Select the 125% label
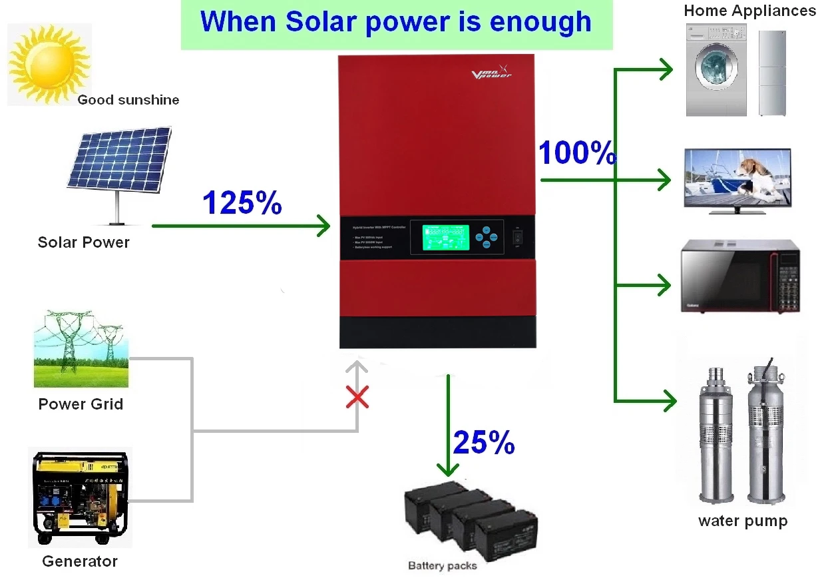242,202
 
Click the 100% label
576,153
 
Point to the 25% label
484,441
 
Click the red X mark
358,398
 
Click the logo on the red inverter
492,72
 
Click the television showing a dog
737,180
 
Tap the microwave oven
739,276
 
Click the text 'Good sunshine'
128,101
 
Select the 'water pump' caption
742,521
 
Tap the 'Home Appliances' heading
749,11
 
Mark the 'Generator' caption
80,561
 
